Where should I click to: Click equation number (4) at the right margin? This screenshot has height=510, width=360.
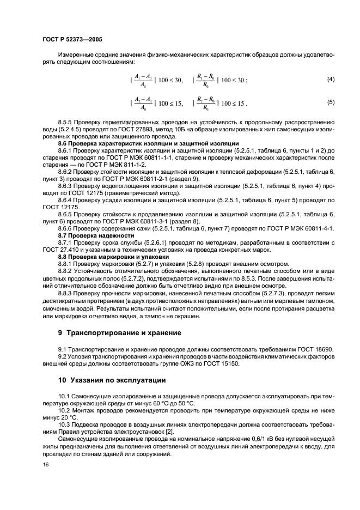[x=330, y=80]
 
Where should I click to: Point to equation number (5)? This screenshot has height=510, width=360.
[x=330, y=102]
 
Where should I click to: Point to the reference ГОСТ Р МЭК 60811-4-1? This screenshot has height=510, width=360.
[x=300, y=229]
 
